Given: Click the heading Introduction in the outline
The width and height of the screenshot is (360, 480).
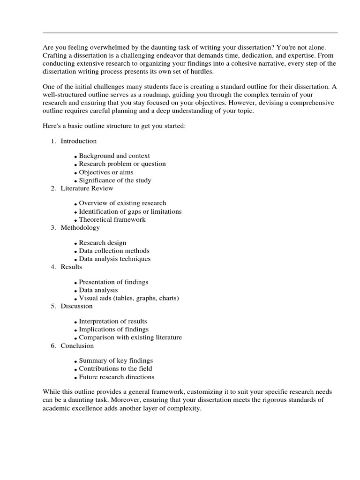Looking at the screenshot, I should [x=79, y=141].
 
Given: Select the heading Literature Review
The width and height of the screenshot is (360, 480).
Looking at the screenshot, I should [x=87, y=188].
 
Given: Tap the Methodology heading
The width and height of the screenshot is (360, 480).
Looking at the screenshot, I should [x=80, y=228].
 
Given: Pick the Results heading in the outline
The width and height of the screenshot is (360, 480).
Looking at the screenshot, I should [x=71, y=267].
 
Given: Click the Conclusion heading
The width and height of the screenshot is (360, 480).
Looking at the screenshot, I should [x=77, y=346].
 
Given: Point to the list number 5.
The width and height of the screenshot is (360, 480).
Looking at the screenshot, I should [x=53, y=307].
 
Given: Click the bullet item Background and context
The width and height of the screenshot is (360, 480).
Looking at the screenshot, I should [x=114, y=156].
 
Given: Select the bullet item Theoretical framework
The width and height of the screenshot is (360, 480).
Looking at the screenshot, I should [x=112, y=219].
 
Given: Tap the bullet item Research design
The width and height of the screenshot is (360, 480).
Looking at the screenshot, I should [x=102, y=243].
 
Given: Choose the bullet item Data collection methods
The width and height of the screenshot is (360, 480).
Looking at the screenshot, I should [x=114, y=251].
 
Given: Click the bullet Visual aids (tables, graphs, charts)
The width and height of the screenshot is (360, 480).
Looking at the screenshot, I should [x=129, y=298].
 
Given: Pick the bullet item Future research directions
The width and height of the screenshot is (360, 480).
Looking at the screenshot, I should [x=116, y=377].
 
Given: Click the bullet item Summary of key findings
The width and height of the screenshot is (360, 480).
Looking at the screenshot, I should [x=116, y=361].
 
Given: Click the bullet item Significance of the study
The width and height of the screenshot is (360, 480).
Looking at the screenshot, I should [x=115, y=180].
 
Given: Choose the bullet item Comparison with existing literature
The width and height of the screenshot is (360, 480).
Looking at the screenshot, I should [x=130, y=337].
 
